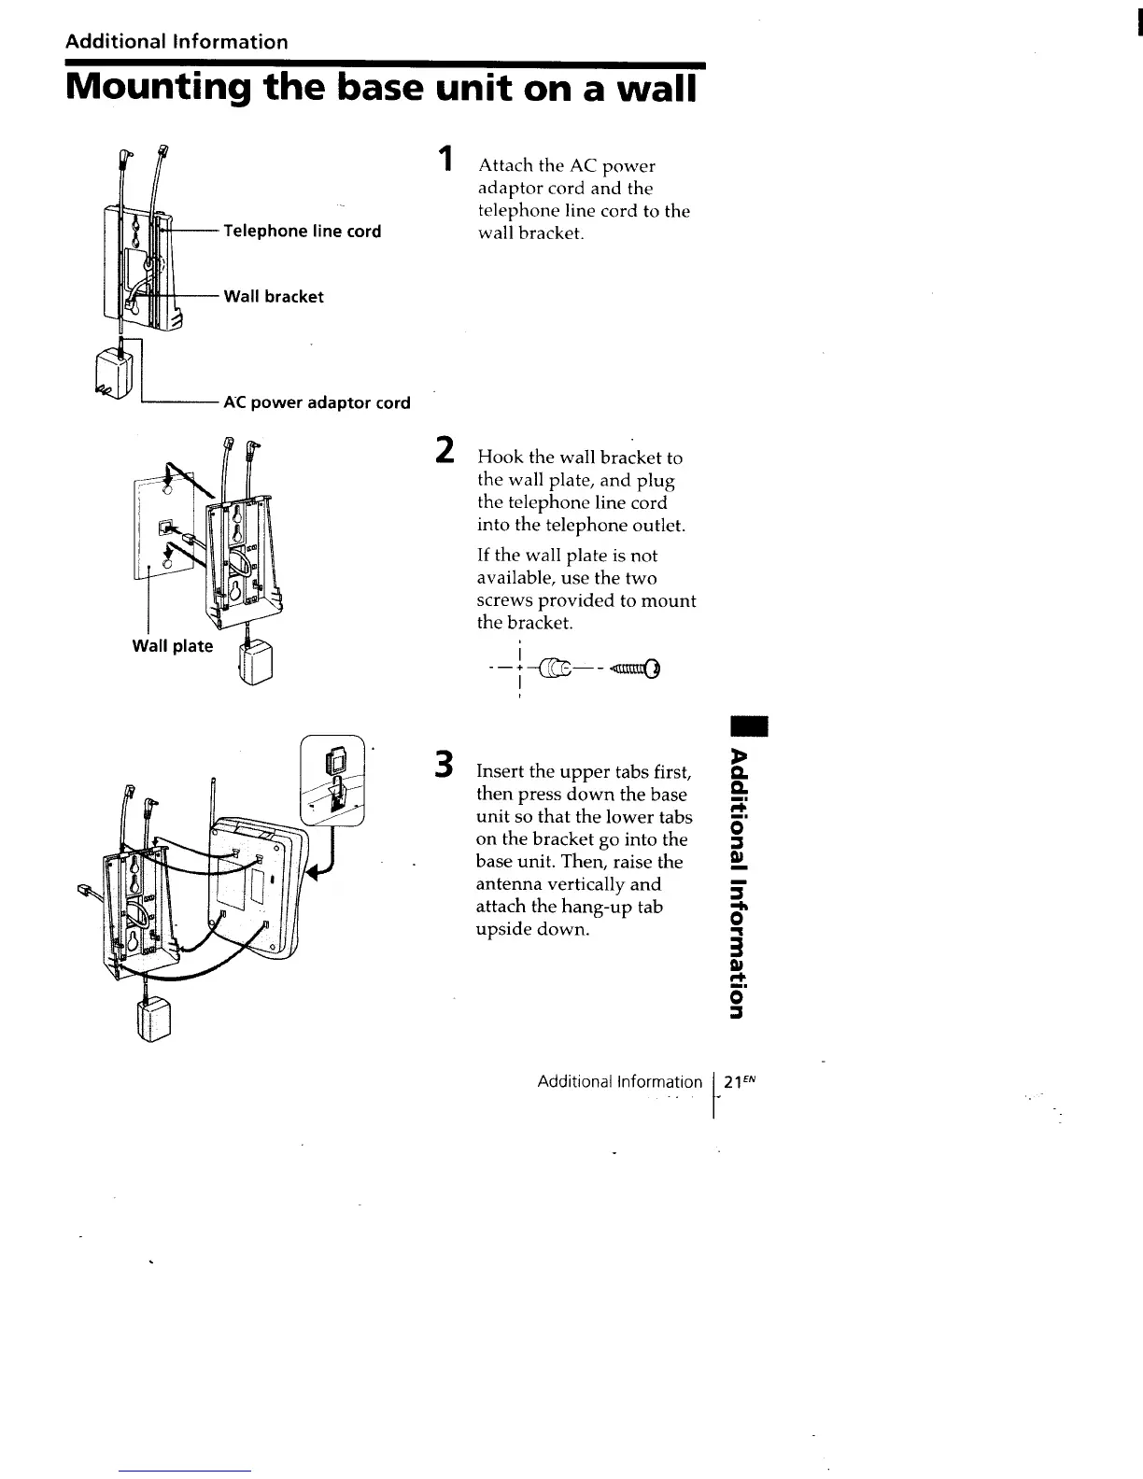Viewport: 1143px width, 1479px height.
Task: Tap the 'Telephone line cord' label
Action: click(301, 232)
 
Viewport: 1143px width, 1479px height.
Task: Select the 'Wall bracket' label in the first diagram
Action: click(273, 297)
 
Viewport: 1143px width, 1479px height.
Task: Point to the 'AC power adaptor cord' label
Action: click(317, 403)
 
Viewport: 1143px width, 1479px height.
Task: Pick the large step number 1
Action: click(447, 159)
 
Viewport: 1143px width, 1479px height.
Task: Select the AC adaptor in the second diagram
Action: click(254, 662)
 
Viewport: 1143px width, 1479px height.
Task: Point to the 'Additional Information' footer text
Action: click(619, 1082)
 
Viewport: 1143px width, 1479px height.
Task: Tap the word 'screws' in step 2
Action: click(505, 600)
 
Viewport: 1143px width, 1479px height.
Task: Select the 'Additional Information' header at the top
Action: click(176, 42)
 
